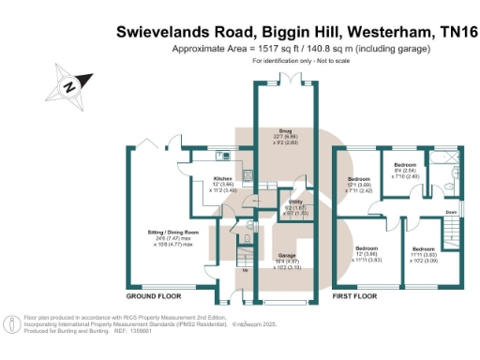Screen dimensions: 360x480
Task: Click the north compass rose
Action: point(69,84)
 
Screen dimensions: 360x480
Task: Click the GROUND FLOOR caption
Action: point(154,295)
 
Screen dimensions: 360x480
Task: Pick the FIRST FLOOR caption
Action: point(354,295)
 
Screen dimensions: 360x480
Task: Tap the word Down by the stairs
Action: point(451,212)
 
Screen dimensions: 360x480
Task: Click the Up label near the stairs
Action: point(246,271)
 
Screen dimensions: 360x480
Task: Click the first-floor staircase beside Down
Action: point(452,197)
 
